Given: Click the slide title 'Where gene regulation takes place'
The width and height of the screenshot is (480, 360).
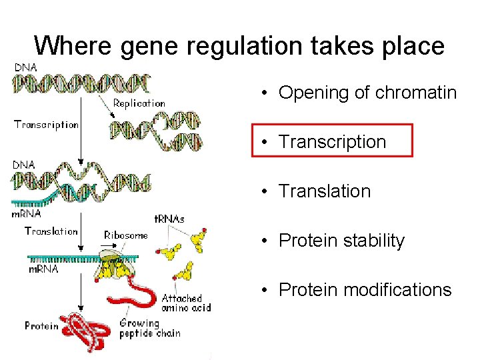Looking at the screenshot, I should pyautogui.click(x=239, y=46).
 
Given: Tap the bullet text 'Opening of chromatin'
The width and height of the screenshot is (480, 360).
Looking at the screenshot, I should pyautogui.click(x=367, y=93).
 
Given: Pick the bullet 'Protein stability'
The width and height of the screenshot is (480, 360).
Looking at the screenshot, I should pyautogui.click(x=341, y=240).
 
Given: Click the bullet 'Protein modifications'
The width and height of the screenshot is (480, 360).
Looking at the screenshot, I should pyautogui.click(x=365, y=290).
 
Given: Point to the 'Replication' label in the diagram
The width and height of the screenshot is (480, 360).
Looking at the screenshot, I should pyautogui.click(x=139, y=103).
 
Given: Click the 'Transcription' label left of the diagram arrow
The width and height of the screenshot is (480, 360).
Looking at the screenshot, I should pyautogui.click(x=46, y=125).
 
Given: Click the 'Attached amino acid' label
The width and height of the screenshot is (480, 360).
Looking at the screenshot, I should pyautogui.click(x=186, y=303).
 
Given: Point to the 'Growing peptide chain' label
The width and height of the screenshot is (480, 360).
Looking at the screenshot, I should pyautogui.click(x=149, y=328).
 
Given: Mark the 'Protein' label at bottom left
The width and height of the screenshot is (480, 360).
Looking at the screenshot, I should pyautogui.click(x=41, y=326).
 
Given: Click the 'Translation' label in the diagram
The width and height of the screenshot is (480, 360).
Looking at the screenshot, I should pyautogui.click(x=51, y=231).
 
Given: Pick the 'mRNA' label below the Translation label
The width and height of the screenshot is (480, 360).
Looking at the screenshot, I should pyautogui.click(x=43, y=269).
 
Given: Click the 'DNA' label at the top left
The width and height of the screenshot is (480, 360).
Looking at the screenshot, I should pyautogui.click(x=25, y=67).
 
